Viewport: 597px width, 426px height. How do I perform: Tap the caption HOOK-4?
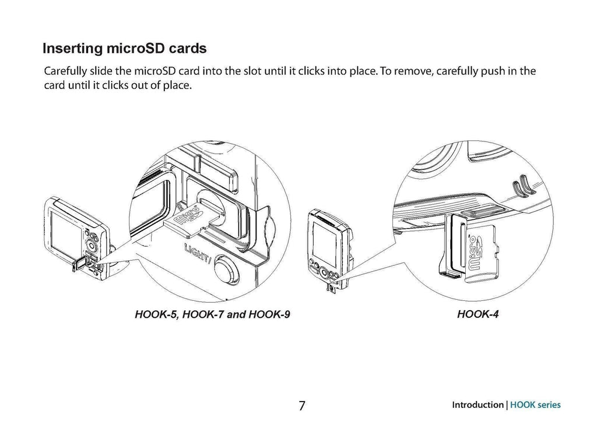[478, 315]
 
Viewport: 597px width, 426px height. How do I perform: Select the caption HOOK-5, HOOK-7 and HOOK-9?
[212, 315]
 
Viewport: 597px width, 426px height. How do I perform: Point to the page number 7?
[301, 405]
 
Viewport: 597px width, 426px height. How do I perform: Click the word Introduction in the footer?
[477, 405]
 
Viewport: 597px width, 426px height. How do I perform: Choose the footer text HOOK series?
[535, 405]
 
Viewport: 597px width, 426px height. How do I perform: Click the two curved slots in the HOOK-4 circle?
[520, 188]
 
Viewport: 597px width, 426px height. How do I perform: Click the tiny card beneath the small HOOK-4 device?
[331, 287]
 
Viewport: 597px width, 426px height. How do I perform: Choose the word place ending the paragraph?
[178, 86]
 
